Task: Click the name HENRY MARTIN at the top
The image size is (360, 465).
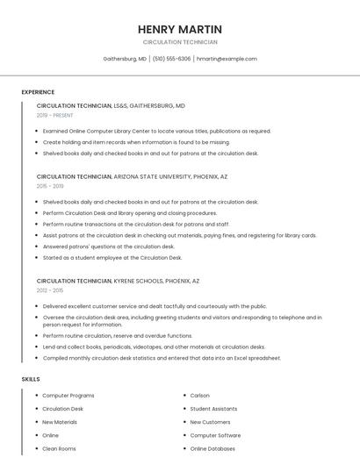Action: tap(179, 29)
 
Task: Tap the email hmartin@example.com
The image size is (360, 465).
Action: tap(227, 59)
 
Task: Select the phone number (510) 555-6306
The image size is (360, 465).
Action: tap(171, 59)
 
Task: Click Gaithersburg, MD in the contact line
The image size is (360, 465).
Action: tap(125, 59)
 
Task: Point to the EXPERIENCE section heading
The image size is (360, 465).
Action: tap(38, 92)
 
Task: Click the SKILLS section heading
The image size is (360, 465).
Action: tap(31, 379)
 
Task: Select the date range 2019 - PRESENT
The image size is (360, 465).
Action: tap(55, 115)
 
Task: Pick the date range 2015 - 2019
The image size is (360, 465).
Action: tap(50, 186)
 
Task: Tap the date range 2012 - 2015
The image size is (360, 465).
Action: tap(50, 290)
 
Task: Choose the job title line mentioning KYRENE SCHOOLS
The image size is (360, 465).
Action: tap(118, 281)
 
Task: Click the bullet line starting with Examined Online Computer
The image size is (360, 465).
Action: tap(156, 131)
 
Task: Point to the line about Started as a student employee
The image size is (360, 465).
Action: tap(112, 258)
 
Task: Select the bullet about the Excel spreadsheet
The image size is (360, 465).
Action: tap(162, 358)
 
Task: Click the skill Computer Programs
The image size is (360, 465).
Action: tap(68, 396)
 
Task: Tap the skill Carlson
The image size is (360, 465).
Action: tap(200, 396)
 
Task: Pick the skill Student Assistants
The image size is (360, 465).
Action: tap(213, 409)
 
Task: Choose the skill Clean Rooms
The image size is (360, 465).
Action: tap(59, 448)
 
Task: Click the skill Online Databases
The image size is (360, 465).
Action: tap(212, 448)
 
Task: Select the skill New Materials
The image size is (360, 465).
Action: tap(60, 422)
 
